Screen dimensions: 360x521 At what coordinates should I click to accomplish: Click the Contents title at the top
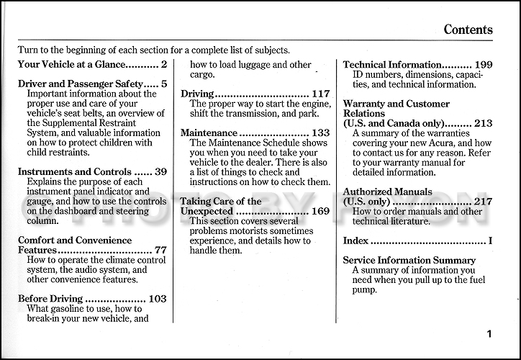click(x=468, y=30)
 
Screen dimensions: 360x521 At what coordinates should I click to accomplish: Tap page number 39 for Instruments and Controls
click(x=160, y=172)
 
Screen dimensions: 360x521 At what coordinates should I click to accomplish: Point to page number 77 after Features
click(x=160, y=251)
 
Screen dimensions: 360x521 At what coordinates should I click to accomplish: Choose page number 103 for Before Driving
click(x=158, y=299)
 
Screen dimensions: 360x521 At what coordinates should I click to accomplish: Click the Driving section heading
click(x=196, y=94)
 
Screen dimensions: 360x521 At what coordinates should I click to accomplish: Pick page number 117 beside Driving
click(x=321, y=94)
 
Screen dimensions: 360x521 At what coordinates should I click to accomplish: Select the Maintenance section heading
click(x=209, y=133)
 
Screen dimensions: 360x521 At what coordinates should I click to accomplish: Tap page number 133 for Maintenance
click(x=321, y=133)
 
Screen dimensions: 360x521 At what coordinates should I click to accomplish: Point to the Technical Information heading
click(x=391, y=65)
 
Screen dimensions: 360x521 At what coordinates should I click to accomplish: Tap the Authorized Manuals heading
click(x=388, y=192)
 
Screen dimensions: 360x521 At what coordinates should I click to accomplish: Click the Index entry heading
click(x=355, y=240)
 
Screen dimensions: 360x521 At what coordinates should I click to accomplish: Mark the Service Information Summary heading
click(x=409, y=260)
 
